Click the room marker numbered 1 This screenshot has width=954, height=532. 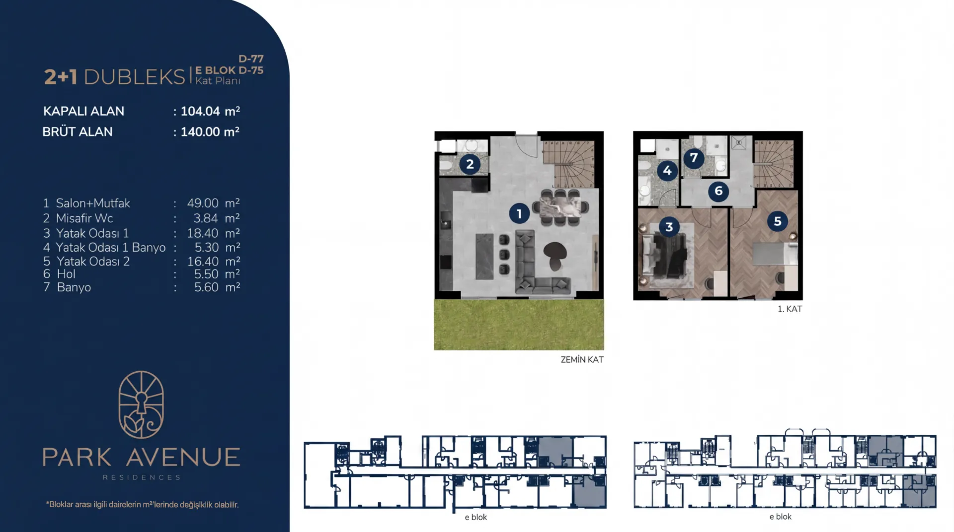pyautogui.click(x=519, y=214)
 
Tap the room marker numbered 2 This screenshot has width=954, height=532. pyautogui.click(x=470, y=164)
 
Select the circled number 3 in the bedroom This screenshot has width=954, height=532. pyautogui.click(x=669, y=227)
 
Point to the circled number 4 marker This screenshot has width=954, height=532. pyautogui.click(x=667, y=171)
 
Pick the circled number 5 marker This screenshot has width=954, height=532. pyautogui.click(x=778, y=221)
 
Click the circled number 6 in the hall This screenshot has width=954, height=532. pyautogui.click(x=718, y=191)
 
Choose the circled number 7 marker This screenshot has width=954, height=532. pyautogui.click(x=694, y=158)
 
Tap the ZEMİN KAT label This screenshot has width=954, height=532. pyautogui.click(x=582, y=360)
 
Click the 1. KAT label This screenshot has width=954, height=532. pyautogui.click(x=790, y=309)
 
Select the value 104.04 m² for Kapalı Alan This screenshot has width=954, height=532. pyautogui.click(x=210, y=111)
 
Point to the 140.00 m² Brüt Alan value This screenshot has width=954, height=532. pyautogui.click(x=210, y=132)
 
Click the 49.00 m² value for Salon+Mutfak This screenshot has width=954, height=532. pyautogui.click(x=214, y=203)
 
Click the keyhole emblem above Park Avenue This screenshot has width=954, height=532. pyautogui.click(x=141, y=404)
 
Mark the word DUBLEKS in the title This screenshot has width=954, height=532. pyautogui.click(x=135, y=77)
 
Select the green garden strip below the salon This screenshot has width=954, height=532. pyautogui.click(x=519, y=325)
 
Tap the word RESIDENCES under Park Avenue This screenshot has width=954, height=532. pyautogui.click(x=142, y=477)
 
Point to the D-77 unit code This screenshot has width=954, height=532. pyautogui.click(x=251, y=59)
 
